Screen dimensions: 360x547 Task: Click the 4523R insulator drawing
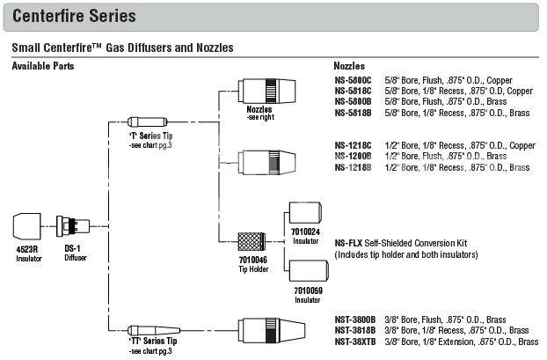click(x=29, y=224)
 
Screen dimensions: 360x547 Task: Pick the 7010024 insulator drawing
click(x=304, y=212)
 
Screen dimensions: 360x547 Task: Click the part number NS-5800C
click(x=353, y=81)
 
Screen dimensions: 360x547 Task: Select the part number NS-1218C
click(x=353, y=145)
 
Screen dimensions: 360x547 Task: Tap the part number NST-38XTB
click(x=355, y=341)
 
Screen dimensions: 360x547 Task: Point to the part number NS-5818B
click(x=353, y=113)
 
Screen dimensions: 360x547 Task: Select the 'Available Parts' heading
click(x=43, y=66)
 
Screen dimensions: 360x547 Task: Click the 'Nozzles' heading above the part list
click(x=350, y=66)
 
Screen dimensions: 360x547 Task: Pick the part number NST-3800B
click(x=355, y=319)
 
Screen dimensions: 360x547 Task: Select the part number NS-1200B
click(x=353, y=156)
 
